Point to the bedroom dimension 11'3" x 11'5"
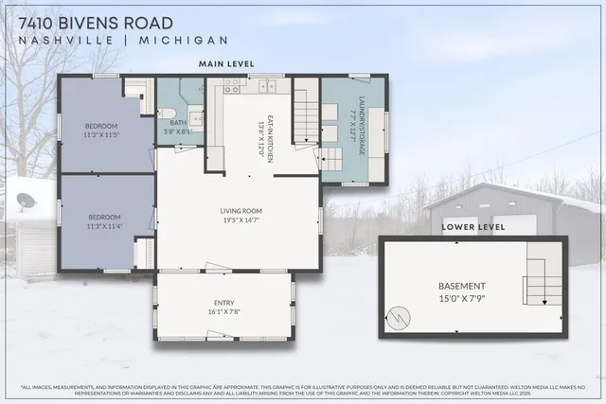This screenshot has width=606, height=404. pos(101,135)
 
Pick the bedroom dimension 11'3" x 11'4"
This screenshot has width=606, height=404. pos(101,227)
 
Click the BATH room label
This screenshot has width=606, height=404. pos(178,122)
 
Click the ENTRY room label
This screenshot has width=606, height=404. pos(223,299)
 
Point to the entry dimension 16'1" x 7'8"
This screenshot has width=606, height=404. pos(223,309)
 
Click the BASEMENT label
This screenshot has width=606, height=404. pos(462,286)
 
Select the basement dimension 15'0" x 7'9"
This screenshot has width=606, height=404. pos(462,298)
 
